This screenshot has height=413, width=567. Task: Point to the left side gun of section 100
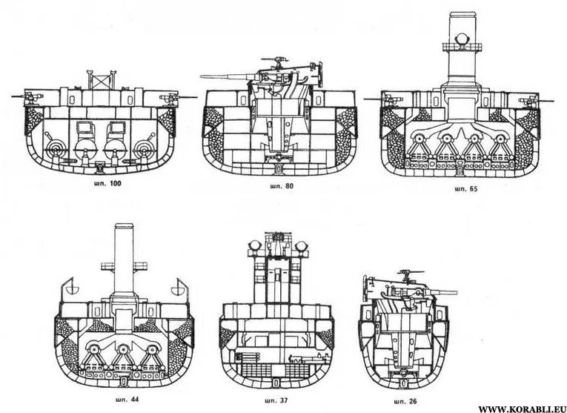click(x=30, y=96)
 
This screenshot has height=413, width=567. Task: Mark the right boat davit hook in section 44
click(x=177, y=284)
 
